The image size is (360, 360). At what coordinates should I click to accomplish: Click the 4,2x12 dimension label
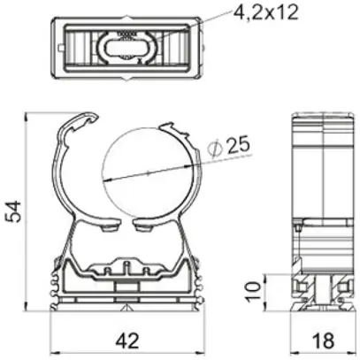(x=265, y=11)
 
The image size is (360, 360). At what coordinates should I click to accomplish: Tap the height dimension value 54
(x=14, y=211)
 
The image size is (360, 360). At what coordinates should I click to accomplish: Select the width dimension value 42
(x=127, y=341)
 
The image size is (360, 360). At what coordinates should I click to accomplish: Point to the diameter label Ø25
(x=229, y=145)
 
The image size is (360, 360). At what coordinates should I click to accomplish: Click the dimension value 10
(x=253, y=291)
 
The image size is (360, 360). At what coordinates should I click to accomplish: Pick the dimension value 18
(x=323, y=341)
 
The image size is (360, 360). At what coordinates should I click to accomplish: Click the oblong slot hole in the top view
(x=127, y=48)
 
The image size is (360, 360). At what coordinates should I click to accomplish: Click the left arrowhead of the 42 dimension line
(x=54, y=353)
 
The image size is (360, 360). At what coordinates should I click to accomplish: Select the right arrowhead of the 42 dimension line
(x=201, y=353)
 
